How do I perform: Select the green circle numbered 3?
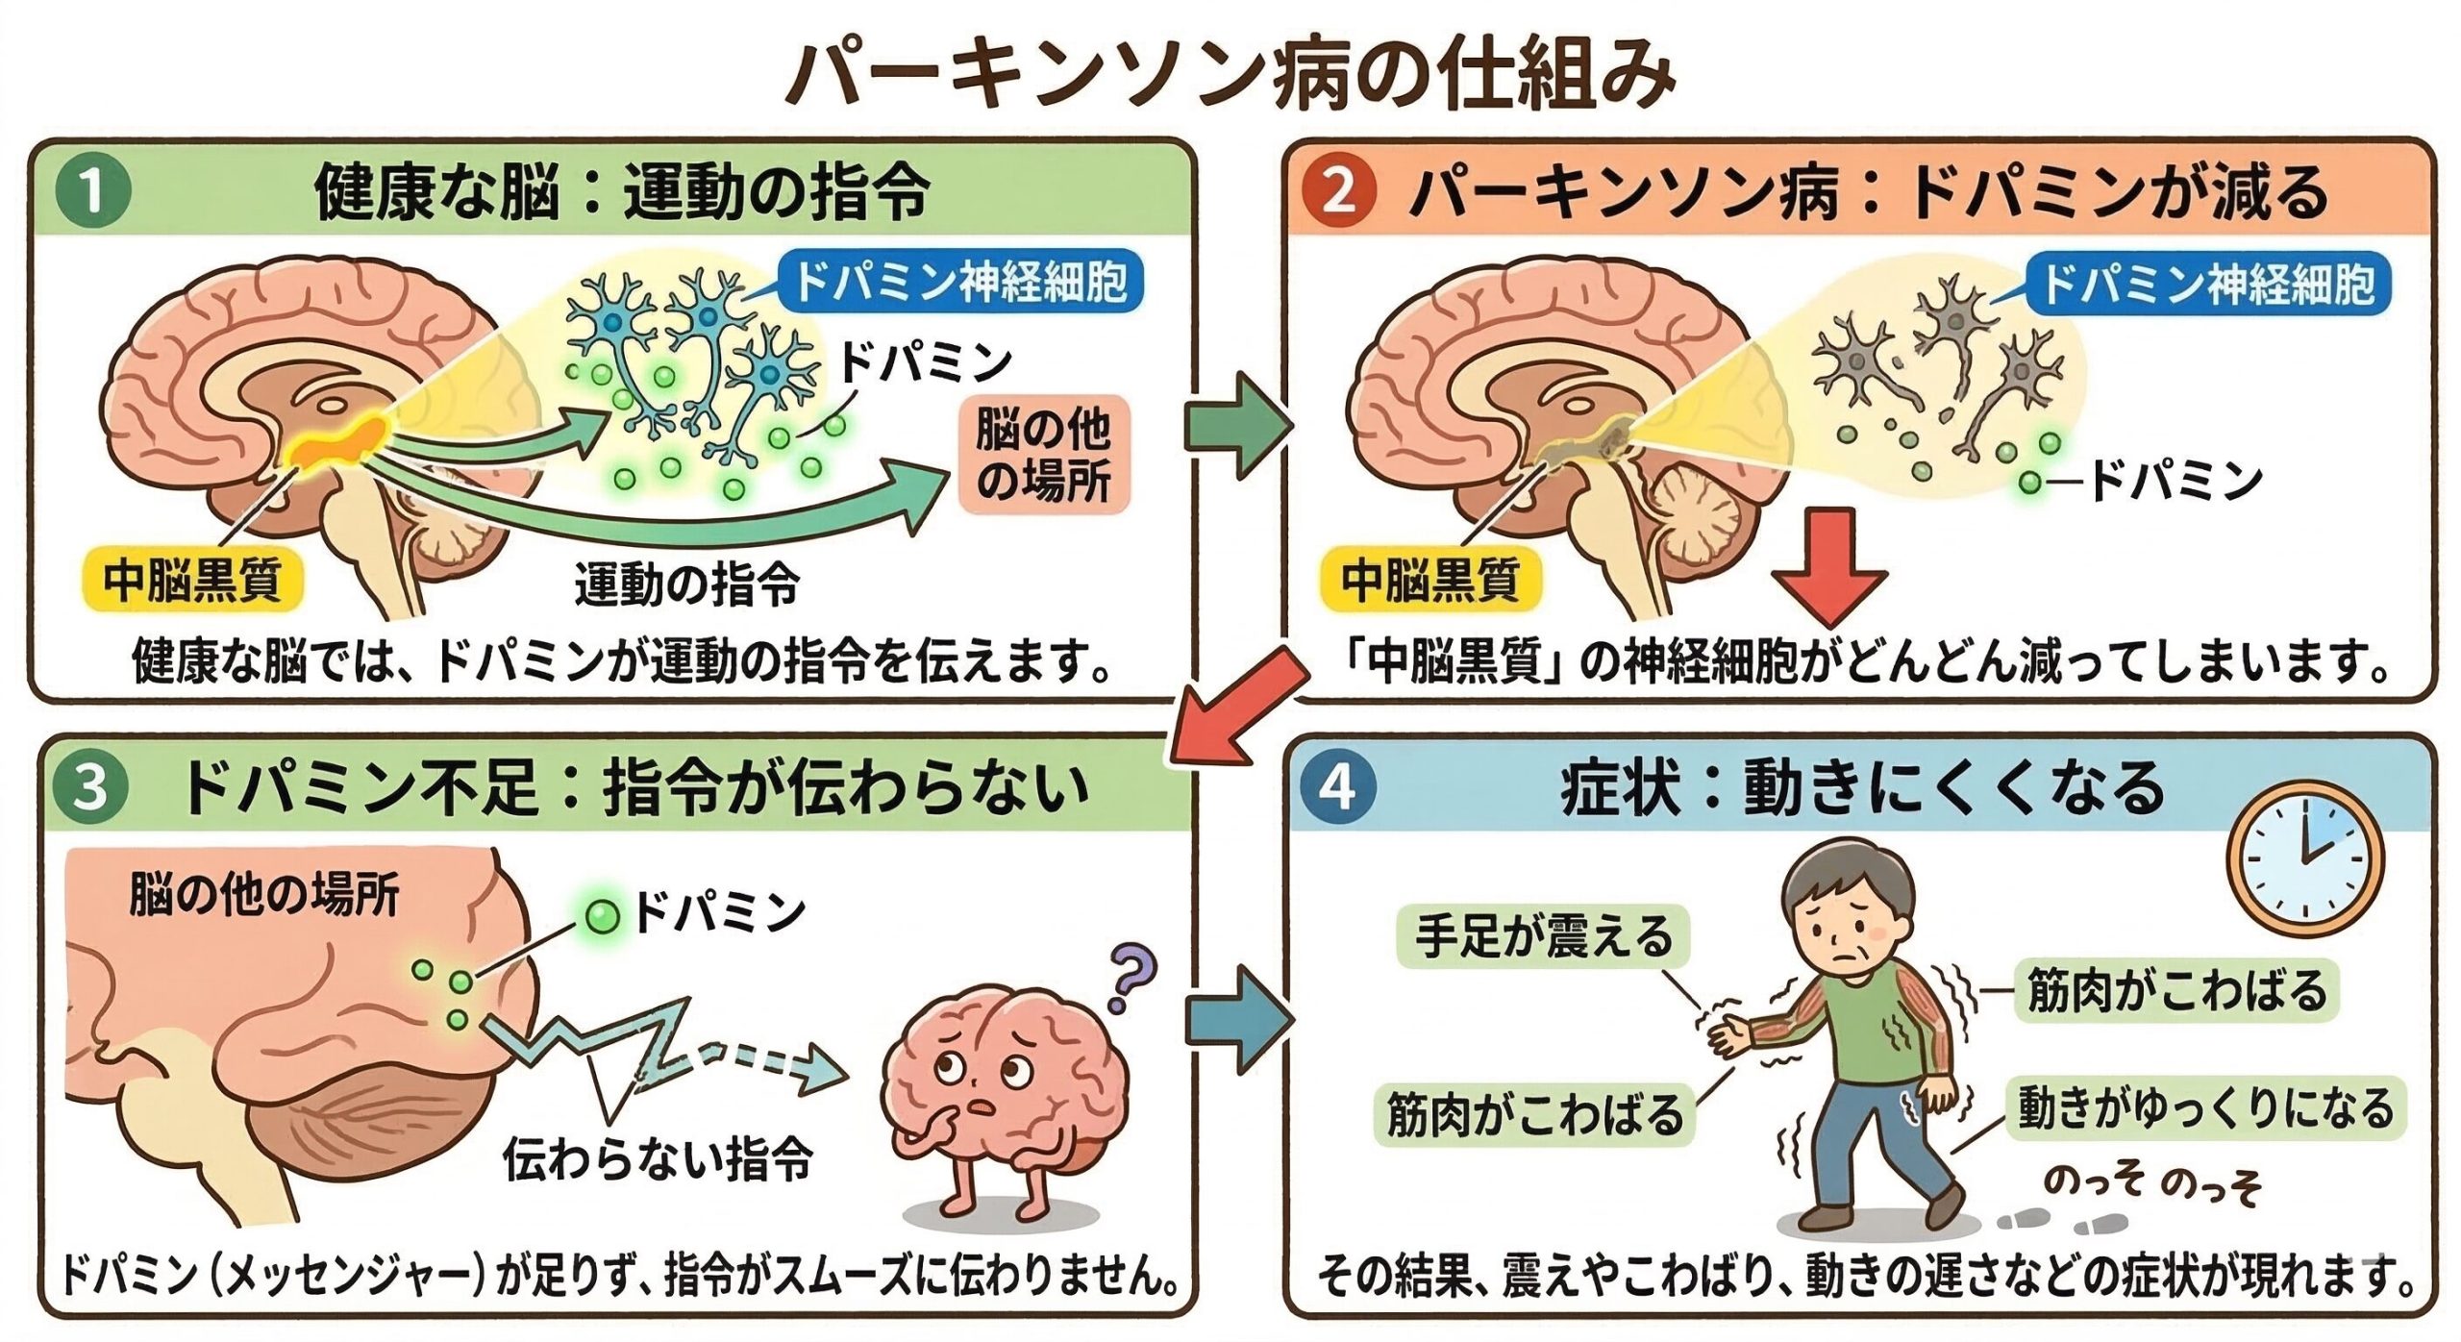click(90, 787)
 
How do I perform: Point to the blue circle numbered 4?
click(1338, 787)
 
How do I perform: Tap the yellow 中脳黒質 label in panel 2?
click(1429, 580)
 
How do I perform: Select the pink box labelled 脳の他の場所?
click(1043, 455)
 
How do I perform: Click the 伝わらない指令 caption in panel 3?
click(659, 1157)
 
